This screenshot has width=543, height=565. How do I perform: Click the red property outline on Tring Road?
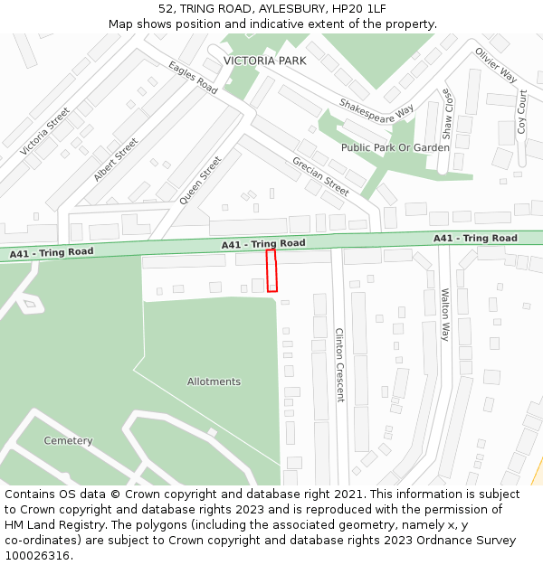[x=271, y=270]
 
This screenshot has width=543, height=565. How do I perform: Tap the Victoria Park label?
[x=264, y=61]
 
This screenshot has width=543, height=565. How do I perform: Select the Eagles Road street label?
[x=193, y=79]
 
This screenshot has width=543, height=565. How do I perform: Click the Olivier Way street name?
[x=495, y=65]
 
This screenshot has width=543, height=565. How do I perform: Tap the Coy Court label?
[x=521, y=112]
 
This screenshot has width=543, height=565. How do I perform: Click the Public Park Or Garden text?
[x=395, y=147]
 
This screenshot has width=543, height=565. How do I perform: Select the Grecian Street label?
[x=320, y=175]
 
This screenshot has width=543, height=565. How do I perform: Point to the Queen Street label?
[x=200, y=180]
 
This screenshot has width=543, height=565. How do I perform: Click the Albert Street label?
[x=116, y=160]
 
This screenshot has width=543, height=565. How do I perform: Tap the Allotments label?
[x=214, y=381]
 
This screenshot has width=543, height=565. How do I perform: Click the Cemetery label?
[x=68, y=441]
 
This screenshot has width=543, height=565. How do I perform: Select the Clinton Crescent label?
[x=339, y=364]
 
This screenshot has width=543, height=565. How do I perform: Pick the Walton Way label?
[x=444, y=314]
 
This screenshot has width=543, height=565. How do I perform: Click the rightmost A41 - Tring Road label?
[x=475, y=239]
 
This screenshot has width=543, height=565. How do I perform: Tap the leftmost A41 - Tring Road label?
[x=52, y=253]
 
